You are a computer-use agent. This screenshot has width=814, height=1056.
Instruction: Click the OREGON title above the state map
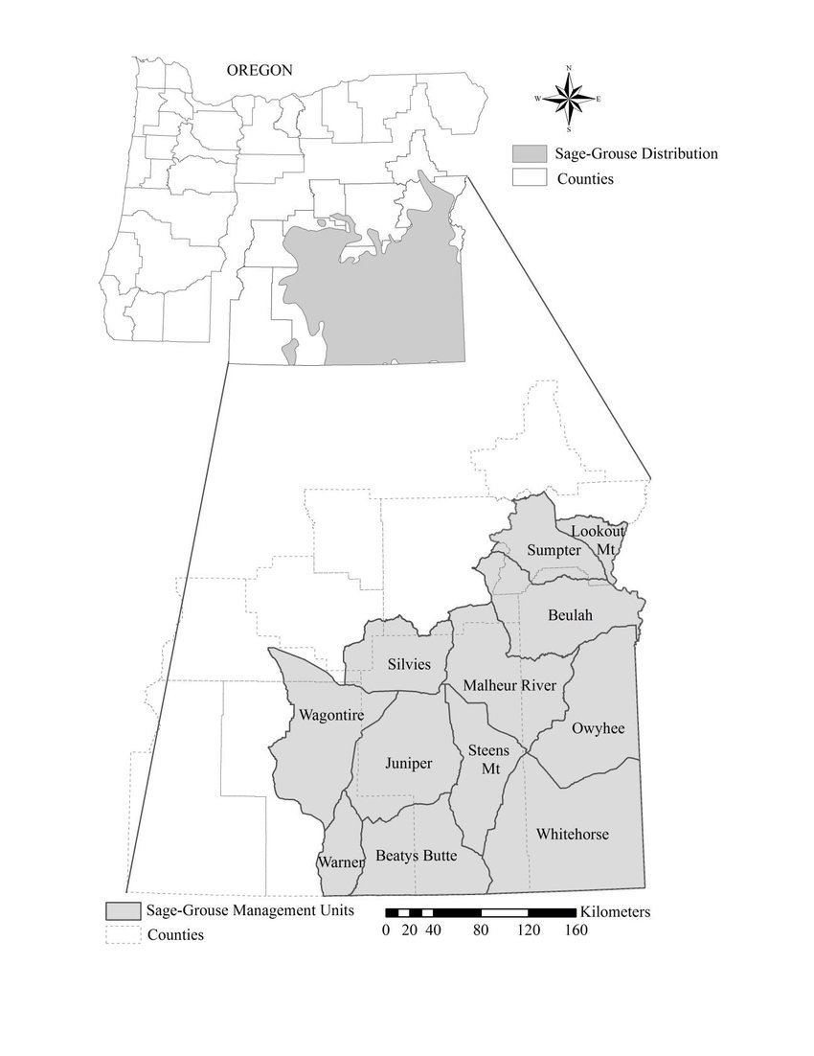(x=259, y=70)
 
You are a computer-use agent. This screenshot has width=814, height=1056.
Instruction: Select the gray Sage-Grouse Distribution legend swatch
(x=528, y=153)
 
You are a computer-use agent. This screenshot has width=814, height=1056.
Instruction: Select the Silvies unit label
(x=409, y=664)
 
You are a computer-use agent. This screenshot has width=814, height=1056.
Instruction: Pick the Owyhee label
(x=598, y=729)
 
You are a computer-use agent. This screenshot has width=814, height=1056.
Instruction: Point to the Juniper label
(x=408, y=764)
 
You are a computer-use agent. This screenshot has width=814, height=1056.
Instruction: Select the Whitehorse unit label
(x=573, y=834)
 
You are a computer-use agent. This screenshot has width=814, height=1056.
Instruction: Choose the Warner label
(x=341, y=862)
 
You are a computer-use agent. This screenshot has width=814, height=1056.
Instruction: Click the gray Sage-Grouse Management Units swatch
(x=122, y=910)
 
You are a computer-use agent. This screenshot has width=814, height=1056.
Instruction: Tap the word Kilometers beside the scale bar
(x=615, y=911)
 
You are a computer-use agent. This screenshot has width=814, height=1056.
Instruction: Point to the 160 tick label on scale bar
(x=576, y=930)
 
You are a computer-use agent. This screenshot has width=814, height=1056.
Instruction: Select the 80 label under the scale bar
(x=481, y=930)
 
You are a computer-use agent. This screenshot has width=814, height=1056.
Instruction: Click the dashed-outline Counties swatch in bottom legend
(x=122, y=934)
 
